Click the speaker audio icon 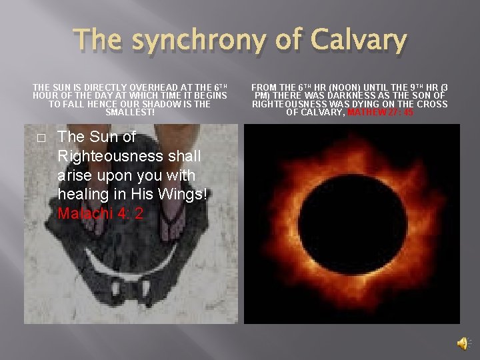461,343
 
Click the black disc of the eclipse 351,223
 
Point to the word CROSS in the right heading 433,104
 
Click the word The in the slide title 99,40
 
